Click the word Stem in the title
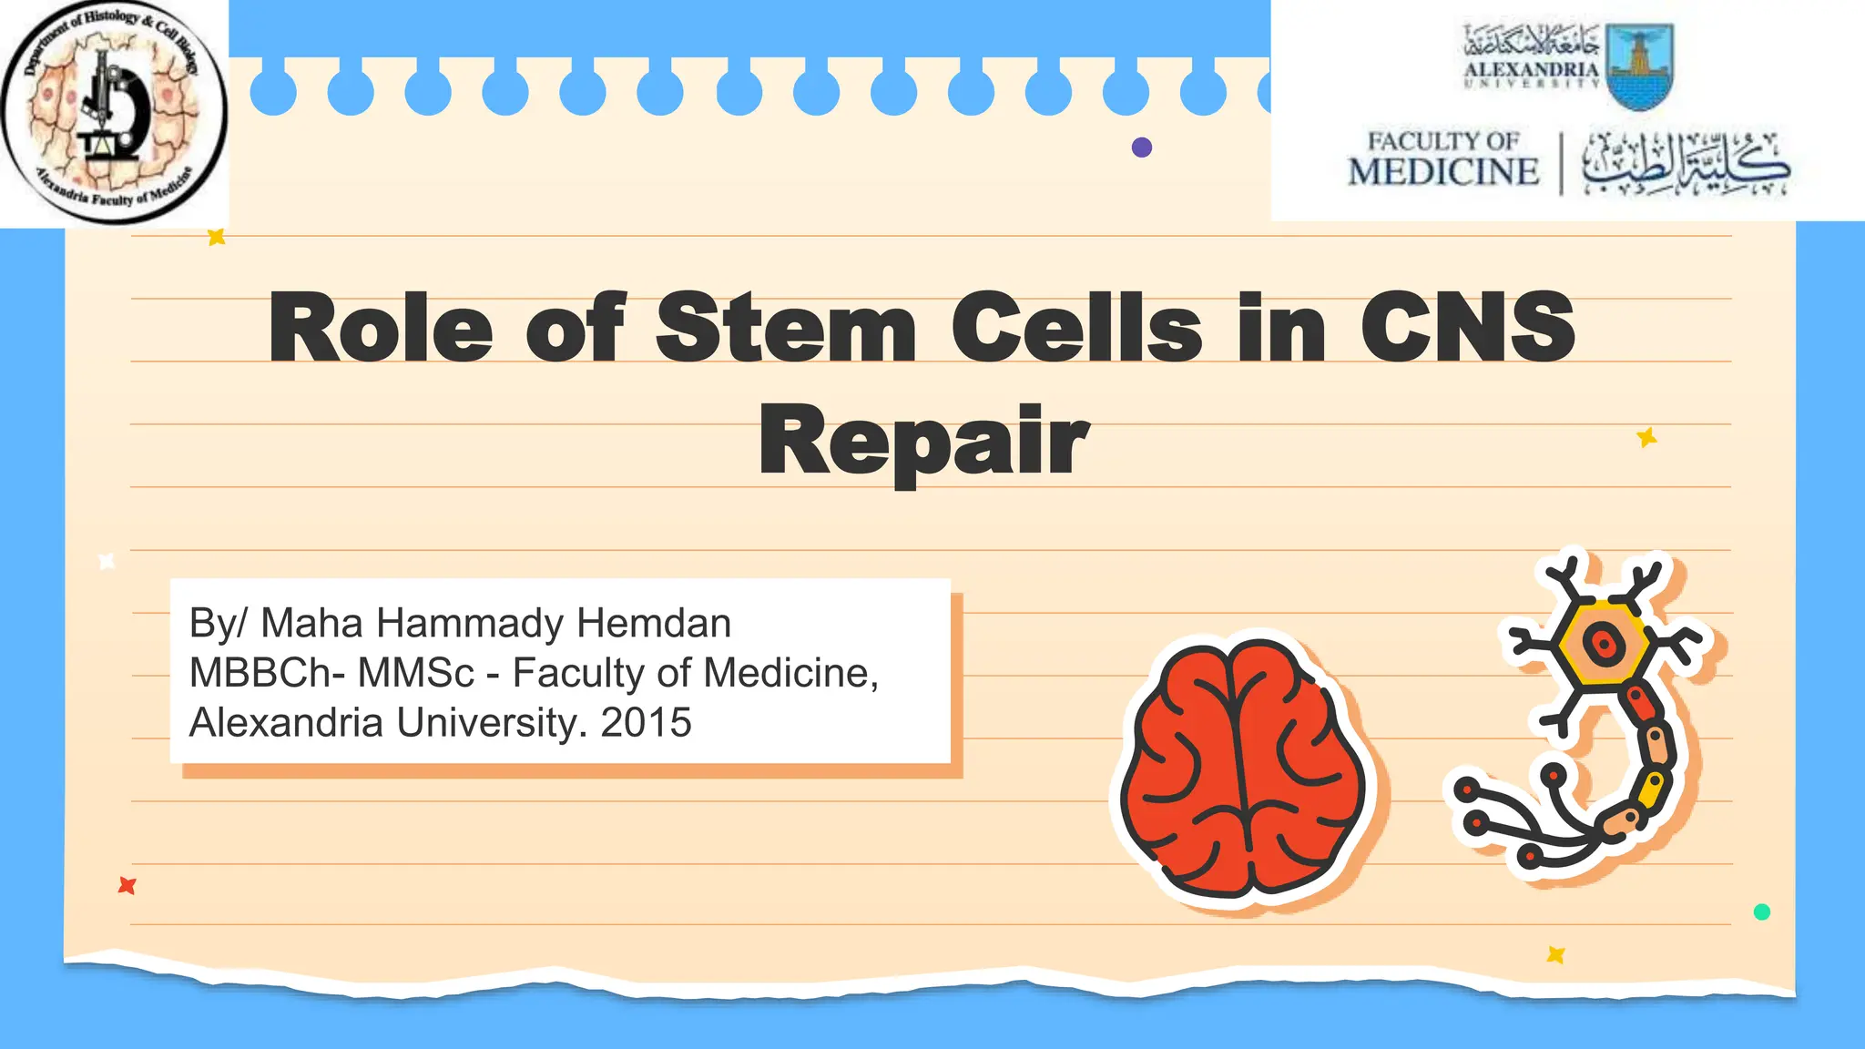tap(785, 327)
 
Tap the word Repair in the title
tap(923, 441)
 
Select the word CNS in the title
tap(1467, 327)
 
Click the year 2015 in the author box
tap(647, 723)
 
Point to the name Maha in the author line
tap(313, 624)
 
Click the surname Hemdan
tap(654, 624)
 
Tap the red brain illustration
tap(1244, 769)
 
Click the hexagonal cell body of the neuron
tap(1603, 643)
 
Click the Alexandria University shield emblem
tap(1640, 66)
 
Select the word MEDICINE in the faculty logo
tap(1442, 171)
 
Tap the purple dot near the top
tap(1142, 148)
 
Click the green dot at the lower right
tap(1762, 912)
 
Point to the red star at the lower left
tap(127, 885)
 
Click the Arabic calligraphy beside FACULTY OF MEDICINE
tap(1685, 164)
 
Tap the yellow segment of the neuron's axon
tap(1651, 789)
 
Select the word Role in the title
tap(381, 327)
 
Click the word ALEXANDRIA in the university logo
tap(1531, 69)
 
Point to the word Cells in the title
tap(1076, 327)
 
